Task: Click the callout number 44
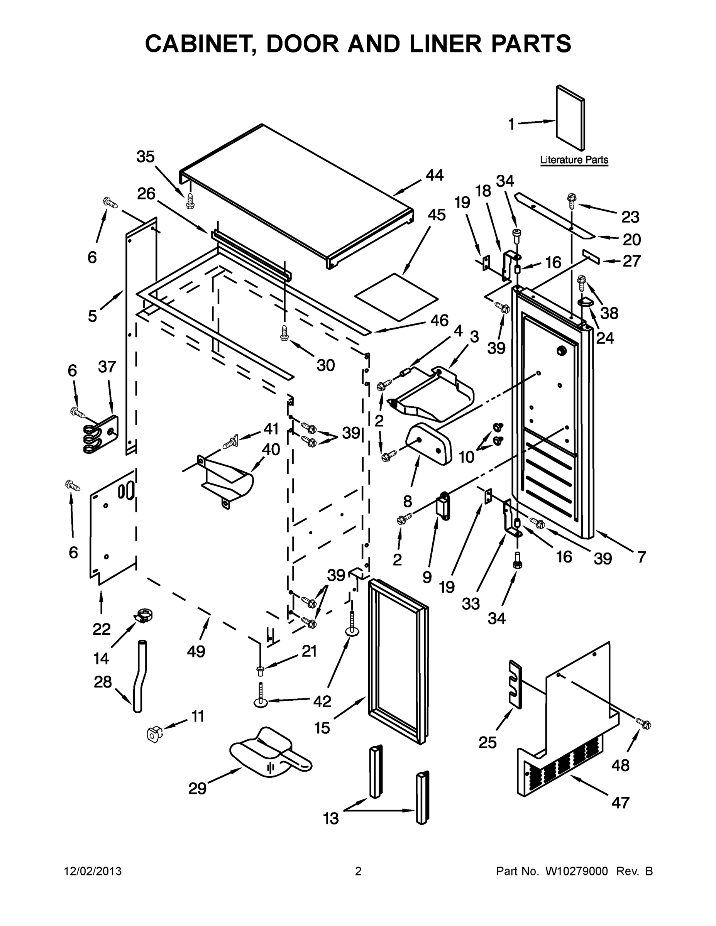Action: tap(434, 175)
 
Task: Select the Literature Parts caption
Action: tap(574, 160)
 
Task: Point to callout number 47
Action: tap(621, 802)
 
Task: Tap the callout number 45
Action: tap(437, 215)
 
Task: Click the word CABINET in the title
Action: tap(198, 44)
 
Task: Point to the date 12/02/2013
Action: tap(93, 871)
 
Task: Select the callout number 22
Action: tap(102, 629)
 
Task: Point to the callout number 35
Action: tap(146, 157)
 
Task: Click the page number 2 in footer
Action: tap(358, 871)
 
